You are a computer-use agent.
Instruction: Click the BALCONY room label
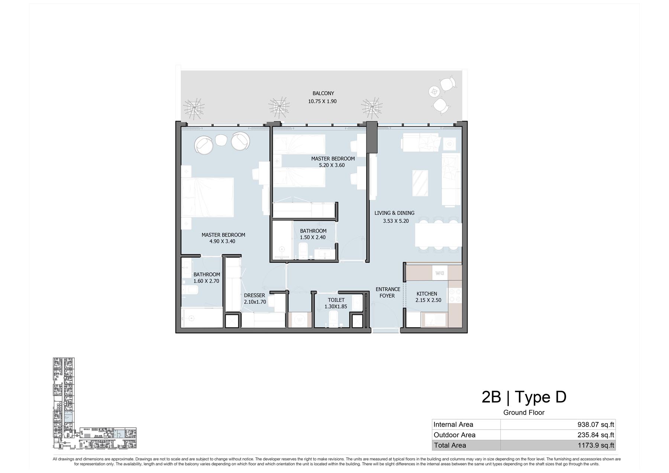click(323, 93)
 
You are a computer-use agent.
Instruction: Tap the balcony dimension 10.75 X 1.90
click(322, 101)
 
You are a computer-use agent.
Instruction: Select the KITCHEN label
click(427, 294)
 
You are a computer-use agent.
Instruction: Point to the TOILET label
click(336, 300)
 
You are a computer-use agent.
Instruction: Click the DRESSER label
click(255, 295)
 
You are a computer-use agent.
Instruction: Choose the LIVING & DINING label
click(394, 213)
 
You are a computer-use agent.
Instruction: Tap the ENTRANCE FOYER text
click(388, 292)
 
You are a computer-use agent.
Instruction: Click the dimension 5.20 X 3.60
click(332, 165)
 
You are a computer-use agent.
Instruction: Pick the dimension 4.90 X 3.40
click(222, 241)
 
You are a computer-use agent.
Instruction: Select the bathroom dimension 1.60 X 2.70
click(206, 281)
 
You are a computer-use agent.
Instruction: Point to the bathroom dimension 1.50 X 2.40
click(313, 237)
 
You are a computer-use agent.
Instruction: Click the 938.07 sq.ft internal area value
click(596, 424)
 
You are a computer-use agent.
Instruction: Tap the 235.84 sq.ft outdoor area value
click(596, 435)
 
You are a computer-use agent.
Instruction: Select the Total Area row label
click(450, 445)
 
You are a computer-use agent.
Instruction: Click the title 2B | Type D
click(524, 397)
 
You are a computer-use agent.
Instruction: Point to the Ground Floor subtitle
click(524, 412)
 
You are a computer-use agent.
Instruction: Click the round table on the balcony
click(434, 91)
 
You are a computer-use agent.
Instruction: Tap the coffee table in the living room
click(420, 183)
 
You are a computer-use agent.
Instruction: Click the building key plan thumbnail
click(95, 403)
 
